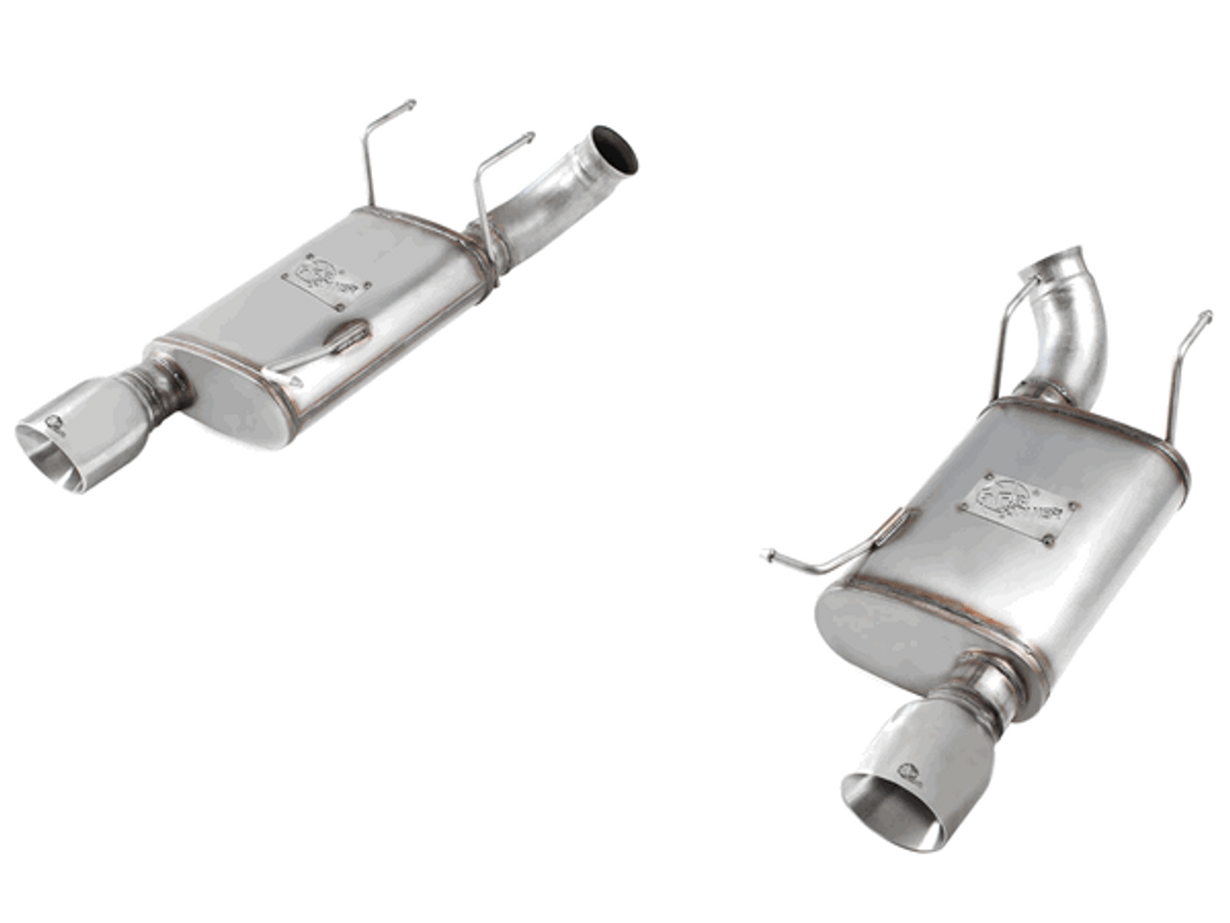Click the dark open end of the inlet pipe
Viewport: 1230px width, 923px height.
615,151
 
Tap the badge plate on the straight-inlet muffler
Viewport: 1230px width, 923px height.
313,281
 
